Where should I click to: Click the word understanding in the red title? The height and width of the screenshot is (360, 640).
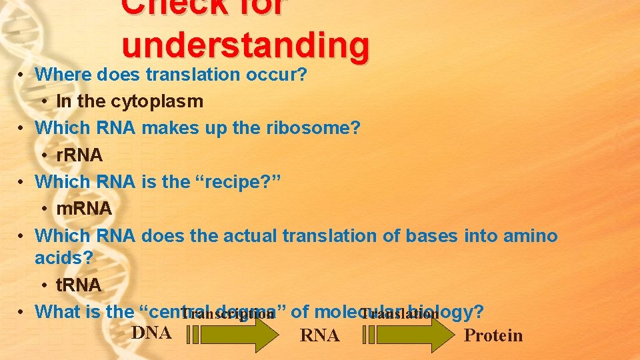[245, 45]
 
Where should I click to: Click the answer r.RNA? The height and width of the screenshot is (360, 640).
[79, 155]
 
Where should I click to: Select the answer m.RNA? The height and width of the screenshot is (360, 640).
[84, 209]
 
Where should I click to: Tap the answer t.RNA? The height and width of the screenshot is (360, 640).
[79, 285]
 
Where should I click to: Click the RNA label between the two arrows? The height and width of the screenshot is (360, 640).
[320, 336]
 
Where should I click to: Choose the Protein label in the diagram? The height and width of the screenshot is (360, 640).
[493, 335]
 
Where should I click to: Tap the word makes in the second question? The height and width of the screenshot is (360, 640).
[171, 127]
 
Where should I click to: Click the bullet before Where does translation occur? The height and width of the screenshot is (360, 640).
[22, 75]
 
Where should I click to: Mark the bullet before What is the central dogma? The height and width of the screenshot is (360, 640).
[22, 312]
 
